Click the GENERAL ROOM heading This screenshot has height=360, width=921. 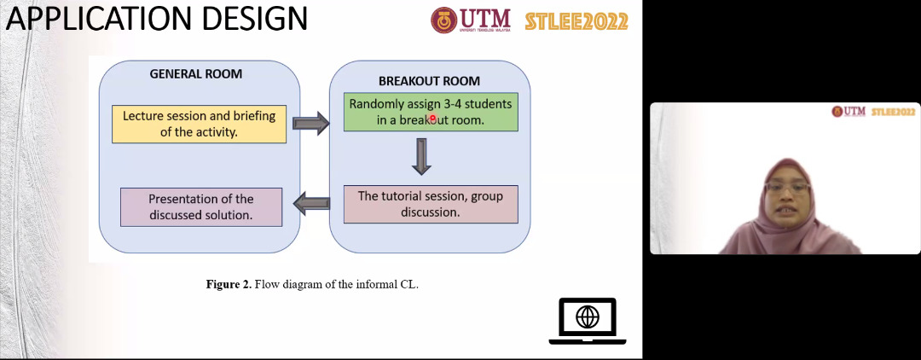point(195,74)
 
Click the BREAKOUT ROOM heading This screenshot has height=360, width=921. point(429,81)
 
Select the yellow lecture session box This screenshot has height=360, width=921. point(199,124)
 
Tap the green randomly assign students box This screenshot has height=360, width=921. point(431,112)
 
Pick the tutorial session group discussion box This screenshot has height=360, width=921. point(431,205)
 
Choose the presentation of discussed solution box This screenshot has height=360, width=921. point(201,207)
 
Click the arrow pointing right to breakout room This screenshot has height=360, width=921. point(310,124)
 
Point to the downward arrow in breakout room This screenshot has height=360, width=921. point(421,156)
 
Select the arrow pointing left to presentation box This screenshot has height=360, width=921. point(310,204)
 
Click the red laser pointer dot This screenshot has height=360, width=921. point(433,118)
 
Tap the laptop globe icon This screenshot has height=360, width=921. point(588,321)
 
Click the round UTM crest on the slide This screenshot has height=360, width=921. point(443,20)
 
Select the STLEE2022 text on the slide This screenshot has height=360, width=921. point(576,21)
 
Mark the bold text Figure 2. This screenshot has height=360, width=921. point(229,285)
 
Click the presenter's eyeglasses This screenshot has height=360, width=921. point(788,188)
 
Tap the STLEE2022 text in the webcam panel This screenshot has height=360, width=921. point(894,112)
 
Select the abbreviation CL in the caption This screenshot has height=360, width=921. point(408,285)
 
